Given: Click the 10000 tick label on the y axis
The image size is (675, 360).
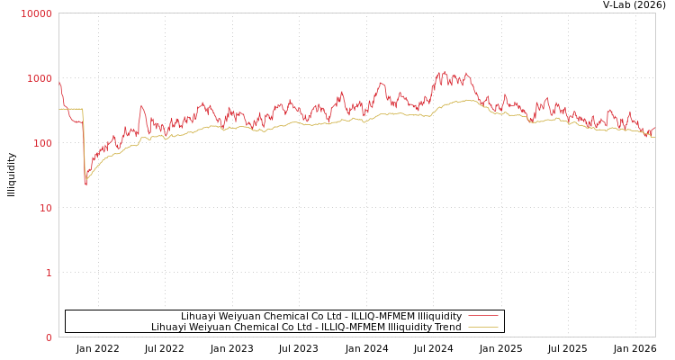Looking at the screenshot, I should tap(37, 13).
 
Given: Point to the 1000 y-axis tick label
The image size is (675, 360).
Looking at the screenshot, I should tap(40, 78).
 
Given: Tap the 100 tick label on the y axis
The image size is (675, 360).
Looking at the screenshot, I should tap(42, 143).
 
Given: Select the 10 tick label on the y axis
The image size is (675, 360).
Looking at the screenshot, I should tap(45, 208).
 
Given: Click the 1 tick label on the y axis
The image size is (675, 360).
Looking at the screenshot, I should tap(49, 273).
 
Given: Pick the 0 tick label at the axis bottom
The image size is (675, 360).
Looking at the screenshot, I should tap(49, 337).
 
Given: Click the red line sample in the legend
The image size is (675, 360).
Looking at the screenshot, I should tap(483, 316).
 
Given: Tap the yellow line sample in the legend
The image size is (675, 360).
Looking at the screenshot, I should tap(483, 328).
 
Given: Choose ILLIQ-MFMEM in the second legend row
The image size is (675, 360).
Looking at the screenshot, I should tap(353, 328).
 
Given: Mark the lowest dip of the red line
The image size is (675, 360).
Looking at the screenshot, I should tap(86, 184).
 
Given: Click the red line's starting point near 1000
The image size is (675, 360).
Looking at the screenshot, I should tap(59, 81).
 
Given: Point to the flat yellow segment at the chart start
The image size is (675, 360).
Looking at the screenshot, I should tap(71, 109).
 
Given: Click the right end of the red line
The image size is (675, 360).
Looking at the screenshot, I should tap(654, 128).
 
